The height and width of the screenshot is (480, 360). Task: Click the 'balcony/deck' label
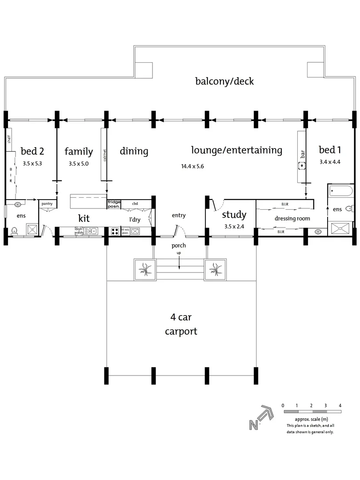224,81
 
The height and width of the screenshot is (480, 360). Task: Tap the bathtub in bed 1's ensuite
341,191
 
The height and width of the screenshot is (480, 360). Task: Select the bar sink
302,166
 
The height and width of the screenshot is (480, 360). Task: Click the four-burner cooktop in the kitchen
114,231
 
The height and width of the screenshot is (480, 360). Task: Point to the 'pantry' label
47,204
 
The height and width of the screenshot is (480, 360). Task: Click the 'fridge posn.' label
114,204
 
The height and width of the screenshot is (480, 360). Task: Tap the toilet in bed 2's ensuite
14,230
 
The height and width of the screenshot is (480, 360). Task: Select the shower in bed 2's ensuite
32,229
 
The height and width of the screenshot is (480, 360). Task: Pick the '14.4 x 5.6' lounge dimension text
194,167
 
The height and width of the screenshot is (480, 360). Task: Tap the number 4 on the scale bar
340,405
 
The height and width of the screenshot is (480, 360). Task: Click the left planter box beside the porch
145,269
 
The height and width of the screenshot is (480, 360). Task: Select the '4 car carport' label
181,324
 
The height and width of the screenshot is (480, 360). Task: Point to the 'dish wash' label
79,231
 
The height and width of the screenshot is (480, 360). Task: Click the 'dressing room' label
292,219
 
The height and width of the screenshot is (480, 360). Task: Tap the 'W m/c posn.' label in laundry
125,231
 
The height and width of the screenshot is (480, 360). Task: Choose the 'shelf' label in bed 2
8,139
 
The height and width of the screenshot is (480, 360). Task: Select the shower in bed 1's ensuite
341,229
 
